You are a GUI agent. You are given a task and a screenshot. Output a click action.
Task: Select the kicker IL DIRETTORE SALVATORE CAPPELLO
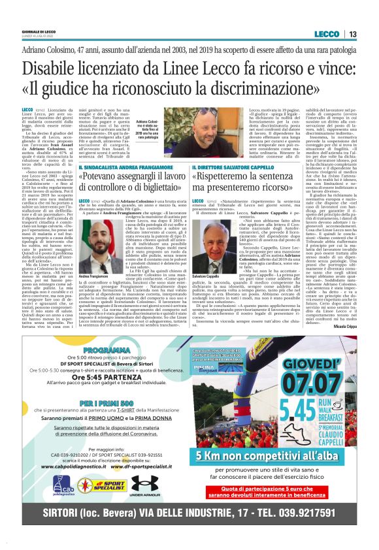pyautogui.click(x=247, y=168)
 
